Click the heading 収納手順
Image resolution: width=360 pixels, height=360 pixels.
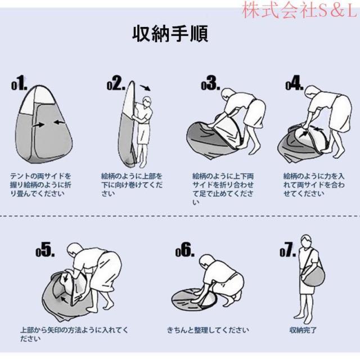(170, 34)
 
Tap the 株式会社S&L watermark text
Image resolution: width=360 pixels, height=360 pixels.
(300, 10)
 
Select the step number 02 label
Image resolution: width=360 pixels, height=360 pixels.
(116, 83)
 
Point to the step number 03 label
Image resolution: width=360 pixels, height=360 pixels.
(210, 83)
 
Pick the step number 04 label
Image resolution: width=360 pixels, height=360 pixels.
(294, 83)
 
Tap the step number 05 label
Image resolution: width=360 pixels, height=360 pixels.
(45, 250)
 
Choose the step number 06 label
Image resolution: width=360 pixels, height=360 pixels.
(185, 250)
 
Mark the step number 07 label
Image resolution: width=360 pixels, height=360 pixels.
(287, 250)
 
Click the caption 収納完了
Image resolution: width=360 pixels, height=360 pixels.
(303, 330)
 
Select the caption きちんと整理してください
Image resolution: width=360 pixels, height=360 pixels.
(208, 330)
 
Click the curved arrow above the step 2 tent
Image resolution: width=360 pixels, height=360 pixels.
(146, 88)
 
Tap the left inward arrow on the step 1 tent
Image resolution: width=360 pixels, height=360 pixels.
(38, 125)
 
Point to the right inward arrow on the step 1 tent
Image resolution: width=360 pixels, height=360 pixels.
(59, 123)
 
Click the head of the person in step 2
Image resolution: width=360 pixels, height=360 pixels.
(147, 101)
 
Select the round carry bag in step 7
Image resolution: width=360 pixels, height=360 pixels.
(314, 276)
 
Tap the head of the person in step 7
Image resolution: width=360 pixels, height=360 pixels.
(306, 241)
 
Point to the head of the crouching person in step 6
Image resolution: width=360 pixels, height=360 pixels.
(208, 261)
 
